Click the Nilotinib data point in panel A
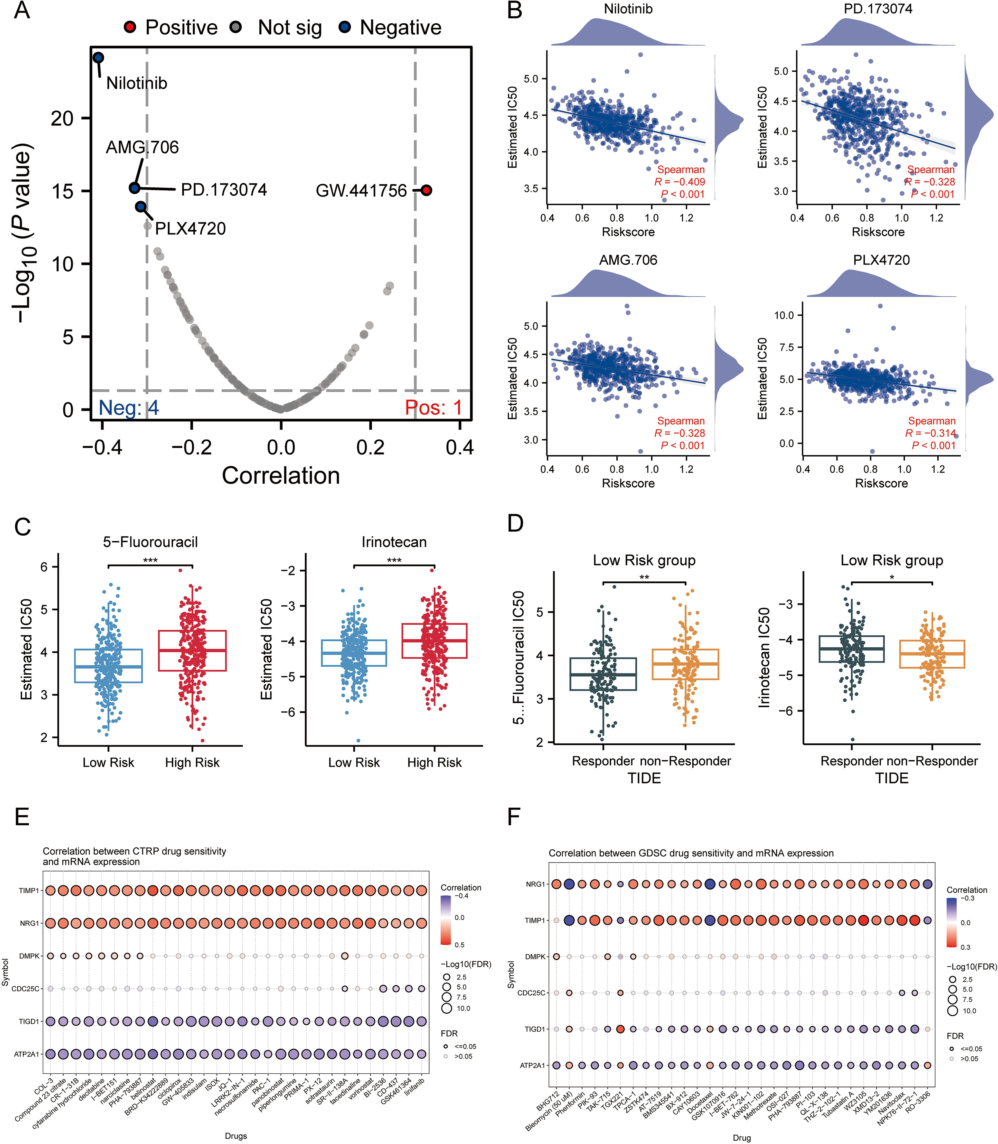[98, 57]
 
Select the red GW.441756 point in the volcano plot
[426, 191]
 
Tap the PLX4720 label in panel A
[191, 228]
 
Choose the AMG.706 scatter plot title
[628, 260]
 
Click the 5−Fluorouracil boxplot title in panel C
[150, 542]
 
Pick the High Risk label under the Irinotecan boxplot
[434, 762]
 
